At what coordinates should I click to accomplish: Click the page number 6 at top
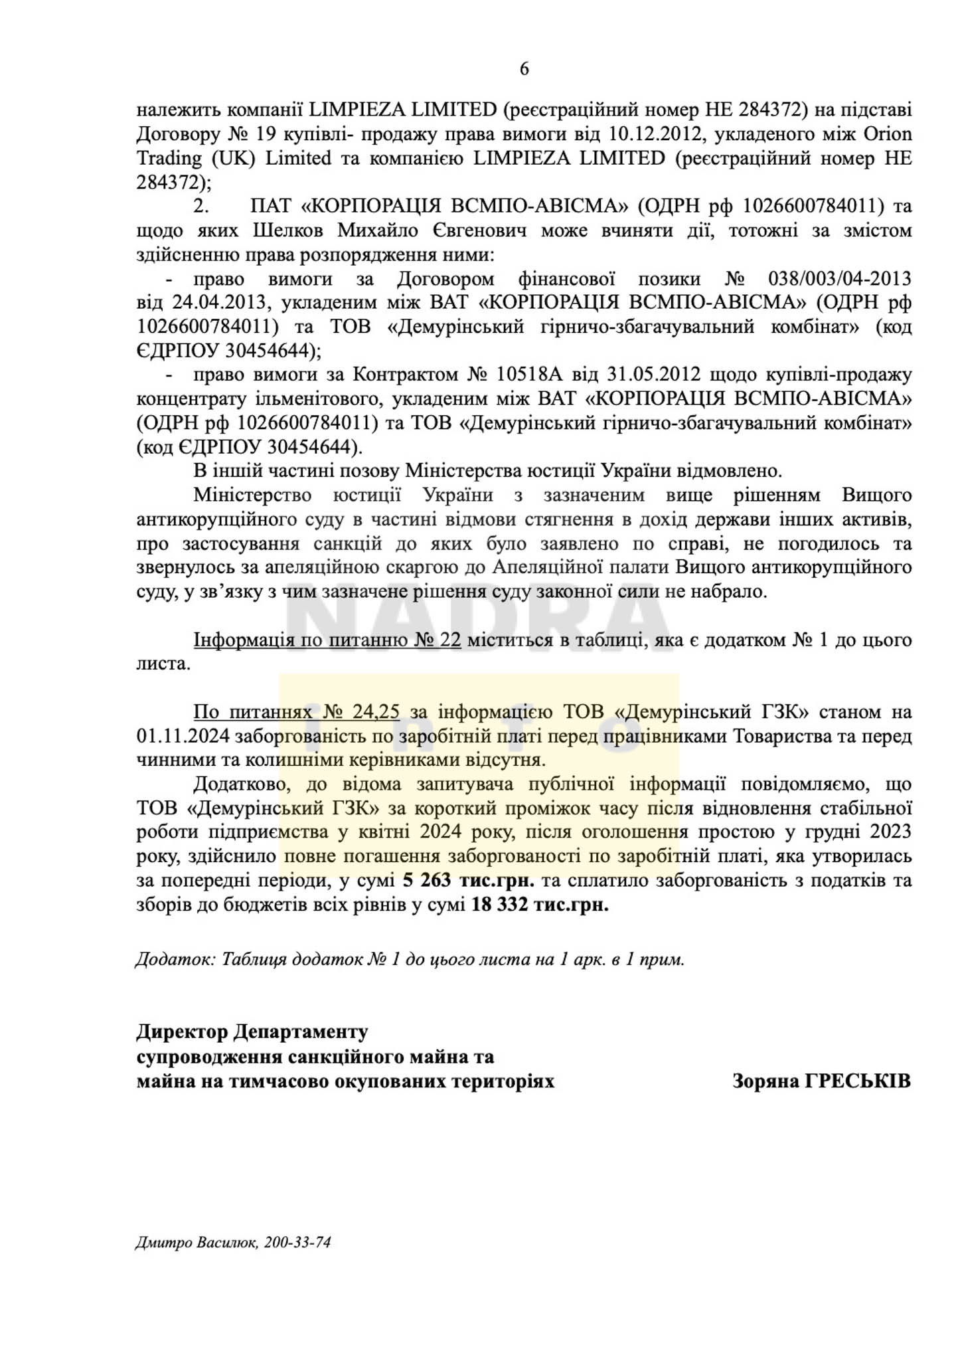click(x=524, y=69)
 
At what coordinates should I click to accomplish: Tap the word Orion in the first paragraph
click(x=887, y=134)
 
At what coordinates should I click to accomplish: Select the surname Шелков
click(x=290, y=230)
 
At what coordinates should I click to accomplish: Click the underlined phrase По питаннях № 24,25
click(x=296, y=712)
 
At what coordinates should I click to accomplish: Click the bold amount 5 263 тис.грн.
click(x=468, y=881)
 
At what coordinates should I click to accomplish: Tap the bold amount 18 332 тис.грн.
click(x=540, y=905)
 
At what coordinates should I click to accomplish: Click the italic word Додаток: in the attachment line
click(x=175, y=960)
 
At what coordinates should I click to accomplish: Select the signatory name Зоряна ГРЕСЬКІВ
click(x=821, y=1081)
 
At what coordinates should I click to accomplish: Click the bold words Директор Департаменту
click(x=252, y=1032)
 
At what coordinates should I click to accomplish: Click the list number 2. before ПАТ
click(x=201, y=207)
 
